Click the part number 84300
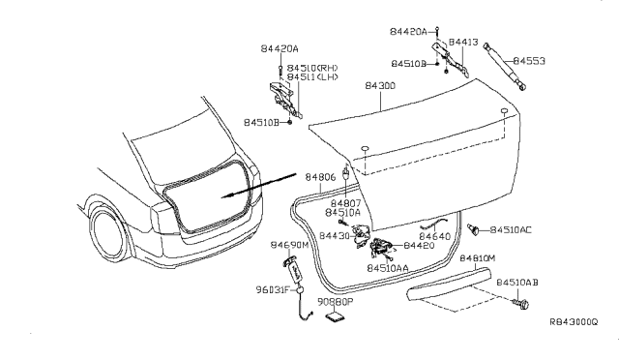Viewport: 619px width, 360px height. [379, 86]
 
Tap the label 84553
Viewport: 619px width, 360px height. [529, 60]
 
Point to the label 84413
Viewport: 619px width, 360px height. [468, 43]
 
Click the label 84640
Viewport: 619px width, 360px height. [434, 236]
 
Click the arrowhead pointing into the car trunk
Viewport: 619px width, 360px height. [223, 196]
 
